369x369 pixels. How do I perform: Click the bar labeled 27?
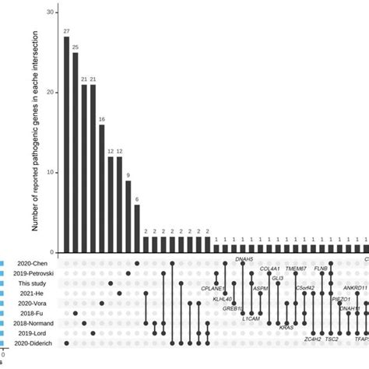pos(66,145)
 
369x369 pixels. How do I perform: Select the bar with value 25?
pos(76,153)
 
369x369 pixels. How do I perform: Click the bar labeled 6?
pos(137,228)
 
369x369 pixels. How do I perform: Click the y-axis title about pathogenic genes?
pos(36,132)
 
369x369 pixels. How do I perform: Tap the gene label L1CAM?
pos(251,318)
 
